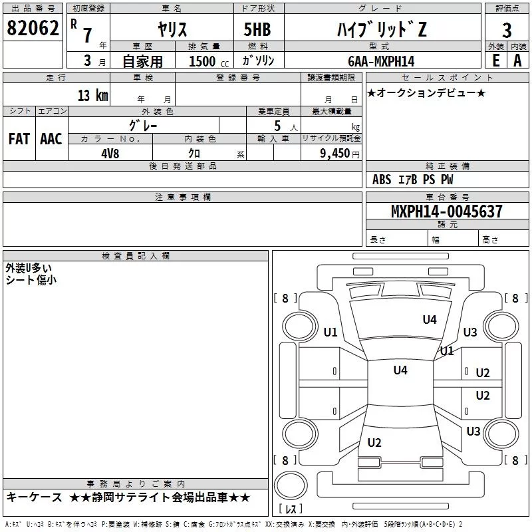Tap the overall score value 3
(507, 30)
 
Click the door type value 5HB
(257, 30)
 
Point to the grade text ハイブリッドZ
(380, 30)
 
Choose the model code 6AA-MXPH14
(381, 61)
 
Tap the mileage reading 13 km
(92, 95)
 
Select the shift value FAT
(19, 139)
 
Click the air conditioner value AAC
(51, 139)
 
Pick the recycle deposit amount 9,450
(335, 153)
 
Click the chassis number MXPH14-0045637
(446, 212)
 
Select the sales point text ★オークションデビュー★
(426, 92)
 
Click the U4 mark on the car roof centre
(400, 370)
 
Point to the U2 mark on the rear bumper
(374, 443)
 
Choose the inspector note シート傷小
(31, 280)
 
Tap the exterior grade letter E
(495, 61)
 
